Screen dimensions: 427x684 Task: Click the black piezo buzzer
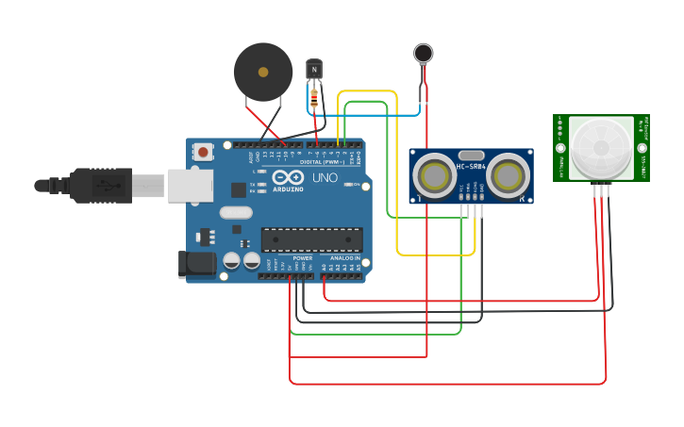point(263,72)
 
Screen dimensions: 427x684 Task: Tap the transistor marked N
point(314,69)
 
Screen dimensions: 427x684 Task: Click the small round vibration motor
point(424,53)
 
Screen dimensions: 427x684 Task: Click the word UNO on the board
point(325,177)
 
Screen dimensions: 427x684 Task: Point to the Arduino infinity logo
point(287,176)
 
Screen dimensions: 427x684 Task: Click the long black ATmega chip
point(311,240)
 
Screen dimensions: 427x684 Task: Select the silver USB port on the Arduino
point(190,186)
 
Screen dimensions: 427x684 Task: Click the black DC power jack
point(196,265)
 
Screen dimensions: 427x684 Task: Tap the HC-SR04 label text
point(471,167)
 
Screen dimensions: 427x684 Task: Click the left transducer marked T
point(434,175)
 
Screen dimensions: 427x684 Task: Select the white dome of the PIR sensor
point(601,146)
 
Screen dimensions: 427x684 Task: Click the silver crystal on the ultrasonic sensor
point(471,155)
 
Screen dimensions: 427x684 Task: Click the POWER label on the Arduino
point(302,257)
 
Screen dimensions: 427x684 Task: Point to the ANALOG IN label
point(344,257)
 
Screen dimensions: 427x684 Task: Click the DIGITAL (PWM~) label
point(322,161)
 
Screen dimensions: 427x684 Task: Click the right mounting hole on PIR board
point(642,148)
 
